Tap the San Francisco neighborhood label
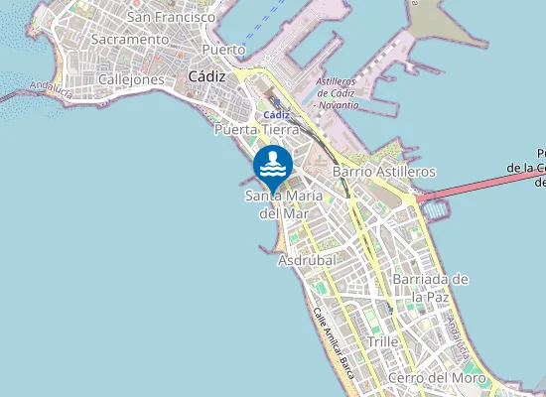coord(172,17)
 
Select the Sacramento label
coord(129,39)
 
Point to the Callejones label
coord(131,79)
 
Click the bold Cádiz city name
coord(206,76)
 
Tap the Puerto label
coord(222,49)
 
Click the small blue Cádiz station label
coord(276,114)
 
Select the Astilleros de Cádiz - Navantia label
coord(337,91)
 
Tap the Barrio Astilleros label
coord(384,172)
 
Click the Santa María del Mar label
coord(284,204)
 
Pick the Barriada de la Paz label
coord(430,288)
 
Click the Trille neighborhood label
coord(383,341)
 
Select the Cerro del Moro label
coord(437,378)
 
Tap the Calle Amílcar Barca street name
coord(334,343)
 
